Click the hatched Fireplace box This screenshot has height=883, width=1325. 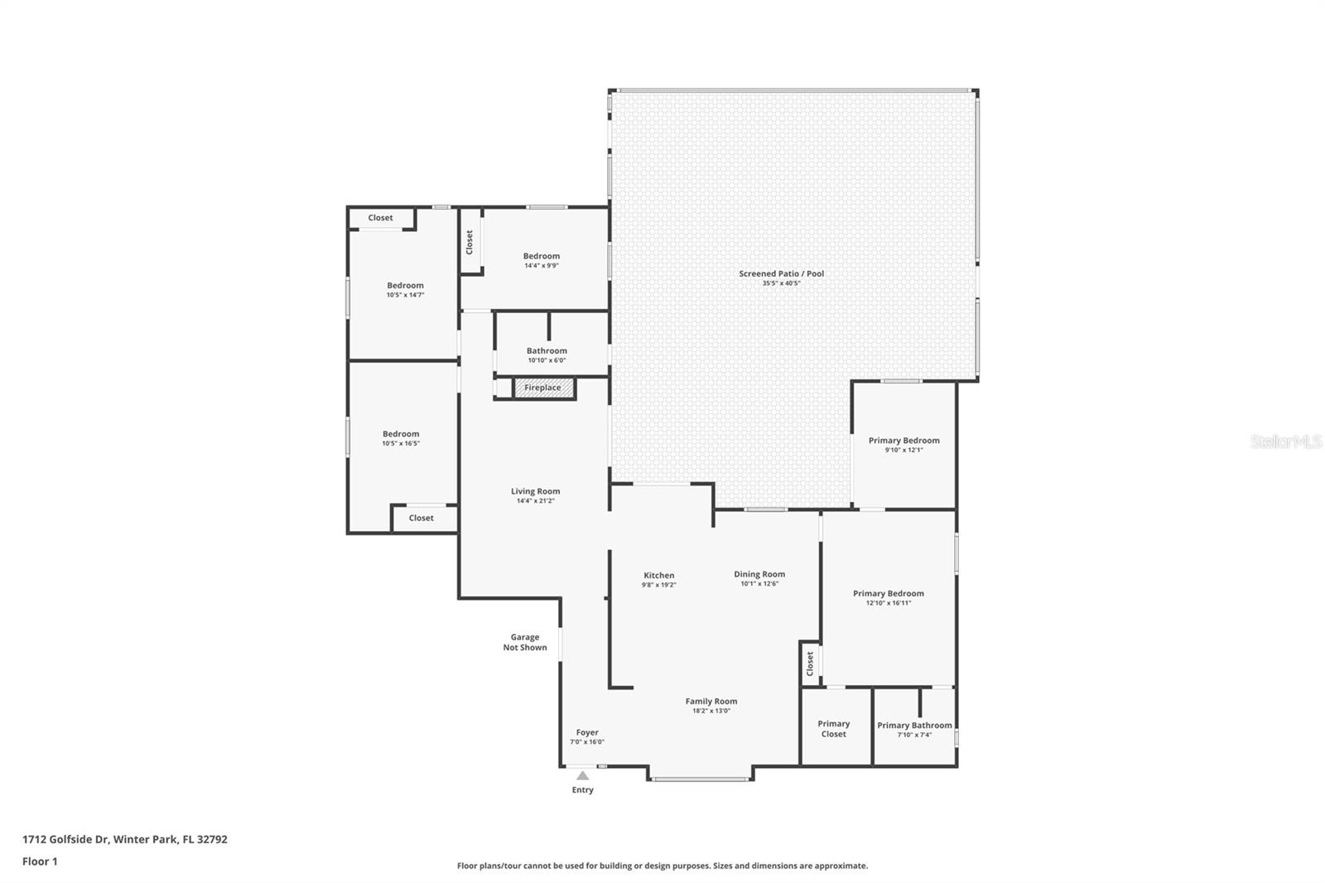[543, 388]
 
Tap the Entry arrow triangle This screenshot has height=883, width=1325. [583, 776]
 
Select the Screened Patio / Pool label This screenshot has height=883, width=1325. [781, 273]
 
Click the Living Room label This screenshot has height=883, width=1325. [535, 491]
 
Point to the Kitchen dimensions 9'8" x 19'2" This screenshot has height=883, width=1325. [658, 585]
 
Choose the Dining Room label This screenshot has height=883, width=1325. [759, 574]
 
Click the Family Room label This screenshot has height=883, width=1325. [711, 702]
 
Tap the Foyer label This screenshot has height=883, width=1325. [587, 732]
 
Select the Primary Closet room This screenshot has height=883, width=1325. [834, 728]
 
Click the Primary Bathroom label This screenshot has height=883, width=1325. [914, 726]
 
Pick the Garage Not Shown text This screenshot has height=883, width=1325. [525, 642]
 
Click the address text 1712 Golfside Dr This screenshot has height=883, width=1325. [66, 839]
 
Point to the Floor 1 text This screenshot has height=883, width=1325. [40, 861]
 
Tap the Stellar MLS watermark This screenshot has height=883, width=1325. [1285, 442]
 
